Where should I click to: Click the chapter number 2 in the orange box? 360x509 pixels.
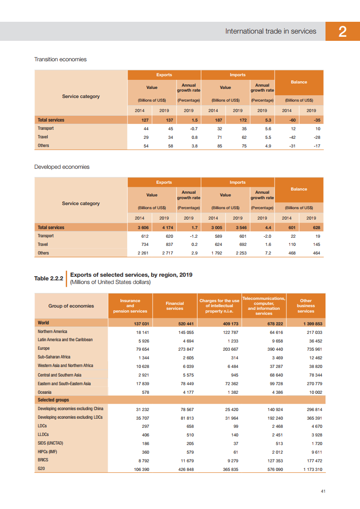pyautogui.click(x=343, y=32)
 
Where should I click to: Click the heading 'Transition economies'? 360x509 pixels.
pyautogui.click(x=60, y=59)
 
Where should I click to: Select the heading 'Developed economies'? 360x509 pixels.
pyautogui.click(x=62, y=167)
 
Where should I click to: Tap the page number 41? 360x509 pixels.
pyautogui.click(x=323, y=491)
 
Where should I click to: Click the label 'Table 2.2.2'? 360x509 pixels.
pyautogui.click(x=49, y=278)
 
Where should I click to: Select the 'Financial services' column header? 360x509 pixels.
pyautogui.click(x=175, y=306)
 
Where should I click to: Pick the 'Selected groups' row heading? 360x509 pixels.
pyautogui.click(x=53, y=400)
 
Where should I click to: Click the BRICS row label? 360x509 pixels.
pyautogui.click(x=44, y=460)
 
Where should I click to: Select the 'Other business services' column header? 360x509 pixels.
pyautogui.click(x=306, y=306)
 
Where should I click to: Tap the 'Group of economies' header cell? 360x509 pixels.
pyautogui.click(x=71, y=306)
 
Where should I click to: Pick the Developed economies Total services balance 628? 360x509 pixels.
pyautogui.click(x=312, y=228)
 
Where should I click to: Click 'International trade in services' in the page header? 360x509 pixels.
pyautogui.click(x=271, y=31)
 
